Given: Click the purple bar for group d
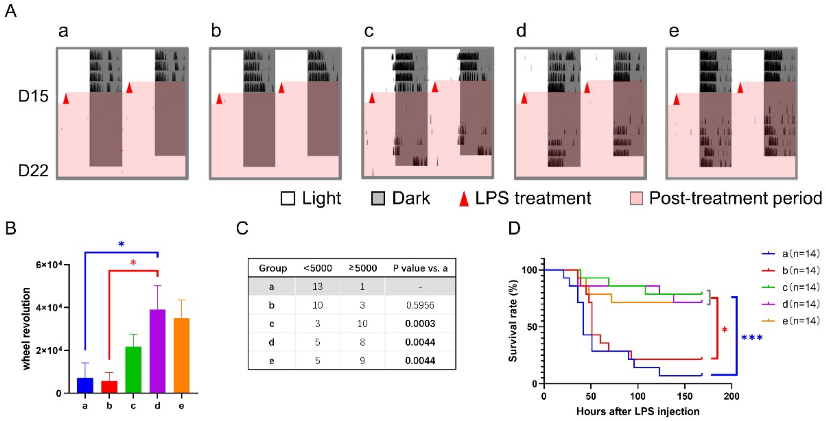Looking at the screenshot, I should (x=158, y=351).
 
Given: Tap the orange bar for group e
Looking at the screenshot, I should (x=181, y=355).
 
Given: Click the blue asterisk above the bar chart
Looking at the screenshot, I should (x=121, y=244).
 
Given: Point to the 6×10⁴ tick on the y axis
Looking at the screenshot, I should (x=48, y=265).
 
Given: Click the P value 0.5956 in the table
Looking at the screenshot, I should (x=420, y=305).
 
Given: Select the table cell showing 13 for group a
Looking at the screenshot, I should (x=317, y=286).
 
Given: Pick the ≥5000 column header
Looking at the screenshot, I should (x=363, y=268).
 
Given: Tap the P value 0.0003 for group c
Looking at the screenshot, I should (x=420, y=324).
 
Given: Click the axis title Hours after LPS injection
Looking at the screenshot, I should (x=638, y=411).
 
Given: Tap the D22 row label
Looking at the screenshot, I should (x=33, y=170).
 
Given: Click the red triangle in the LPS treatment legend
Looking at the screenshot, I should (x=464, y=199).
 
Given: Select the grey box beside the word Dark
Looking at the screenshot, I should (x=378, y=198).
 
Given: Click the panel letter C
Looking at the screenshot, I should (x=242, y=228).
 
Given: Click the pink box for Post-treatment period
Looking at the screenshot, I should (x=636, y=198).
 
